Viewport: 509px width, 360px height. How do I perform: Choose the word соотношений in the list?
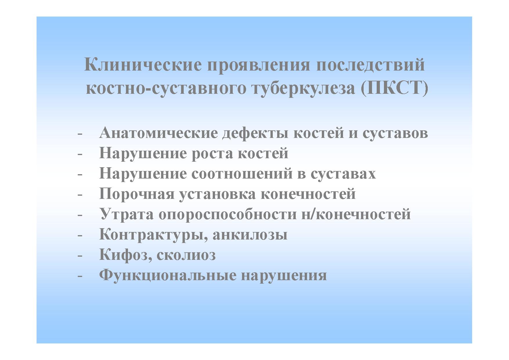[x=244, y=174]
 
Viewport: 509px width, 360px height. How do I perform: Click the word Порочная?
[x=137, y=194]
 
